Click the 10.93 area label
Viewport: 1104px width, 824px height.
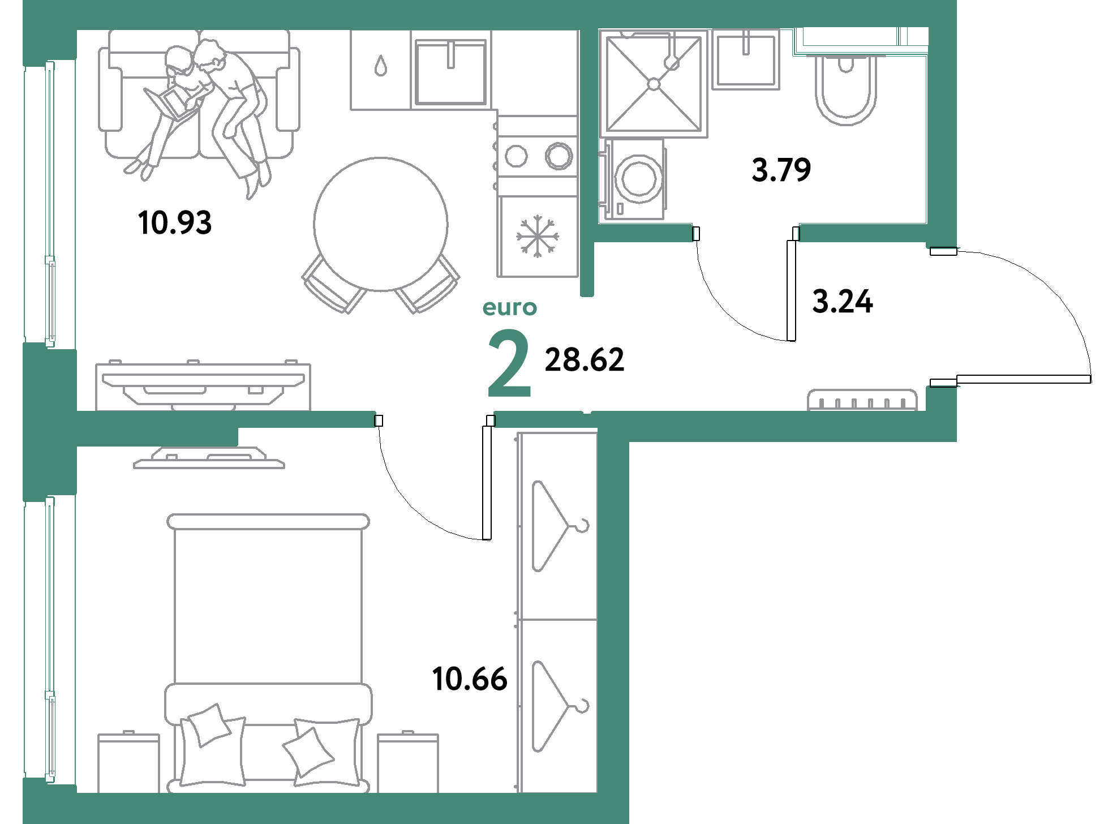click(x=175, y=222)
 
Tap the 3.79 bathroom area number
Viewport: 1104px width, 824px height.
click(x=781, y=170)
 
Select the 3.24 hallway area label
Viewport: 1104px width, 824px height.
click(x=843, y=301)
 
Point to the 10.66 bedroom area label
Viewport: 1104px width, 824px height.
click(x=469, y=678)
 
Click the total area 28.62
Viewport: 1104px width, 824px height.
click(x=584, y=360)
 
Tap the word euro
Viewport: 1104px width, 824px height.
click(x=509, y=308)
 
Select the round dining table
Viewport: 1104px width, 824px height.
click(x=381, y=224)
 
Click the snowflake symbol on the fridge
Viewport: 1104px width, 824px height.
click(x=537, y=235)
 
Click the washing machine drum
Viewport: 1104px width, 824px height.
click(x=639, y=178)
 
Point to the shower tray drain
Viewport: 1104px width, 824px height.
click(x=654, y=84)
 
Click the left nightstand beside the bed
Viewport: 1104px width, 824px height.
click(x=128, y=763)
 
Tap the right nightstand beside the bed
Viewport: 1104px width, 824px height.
click(x=407, y=763)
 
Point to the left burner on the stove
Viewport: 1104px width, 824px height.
click(x=516, y=156)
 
